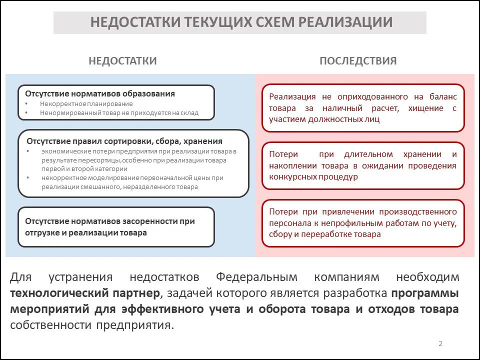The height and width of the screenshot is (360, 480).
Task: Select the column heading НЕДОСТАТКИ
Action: coord(122,61)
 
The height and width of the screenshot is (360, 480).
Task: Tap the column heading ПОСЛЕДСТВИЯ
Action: coord(358,61)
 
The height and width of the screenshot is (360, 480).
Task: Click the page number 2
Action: coord(440,343)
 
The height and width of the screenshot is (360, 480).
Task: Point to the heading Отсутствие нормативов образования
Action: coord(100,93)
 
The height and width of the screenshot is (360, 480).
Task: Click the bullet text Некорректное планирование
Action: coord(86,104)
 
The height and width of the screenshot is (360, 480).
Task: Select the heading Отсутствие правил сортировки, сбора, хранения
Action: coord(124,141)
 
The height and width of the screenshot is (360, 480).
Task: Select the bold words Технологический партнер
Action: coord(85,293)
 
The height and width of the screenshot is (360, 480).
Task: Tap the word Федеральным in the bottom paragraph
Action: coord(256,277)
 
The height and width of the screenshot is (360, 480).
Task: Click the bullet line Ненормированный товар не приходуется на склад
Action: coord(119,113)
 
